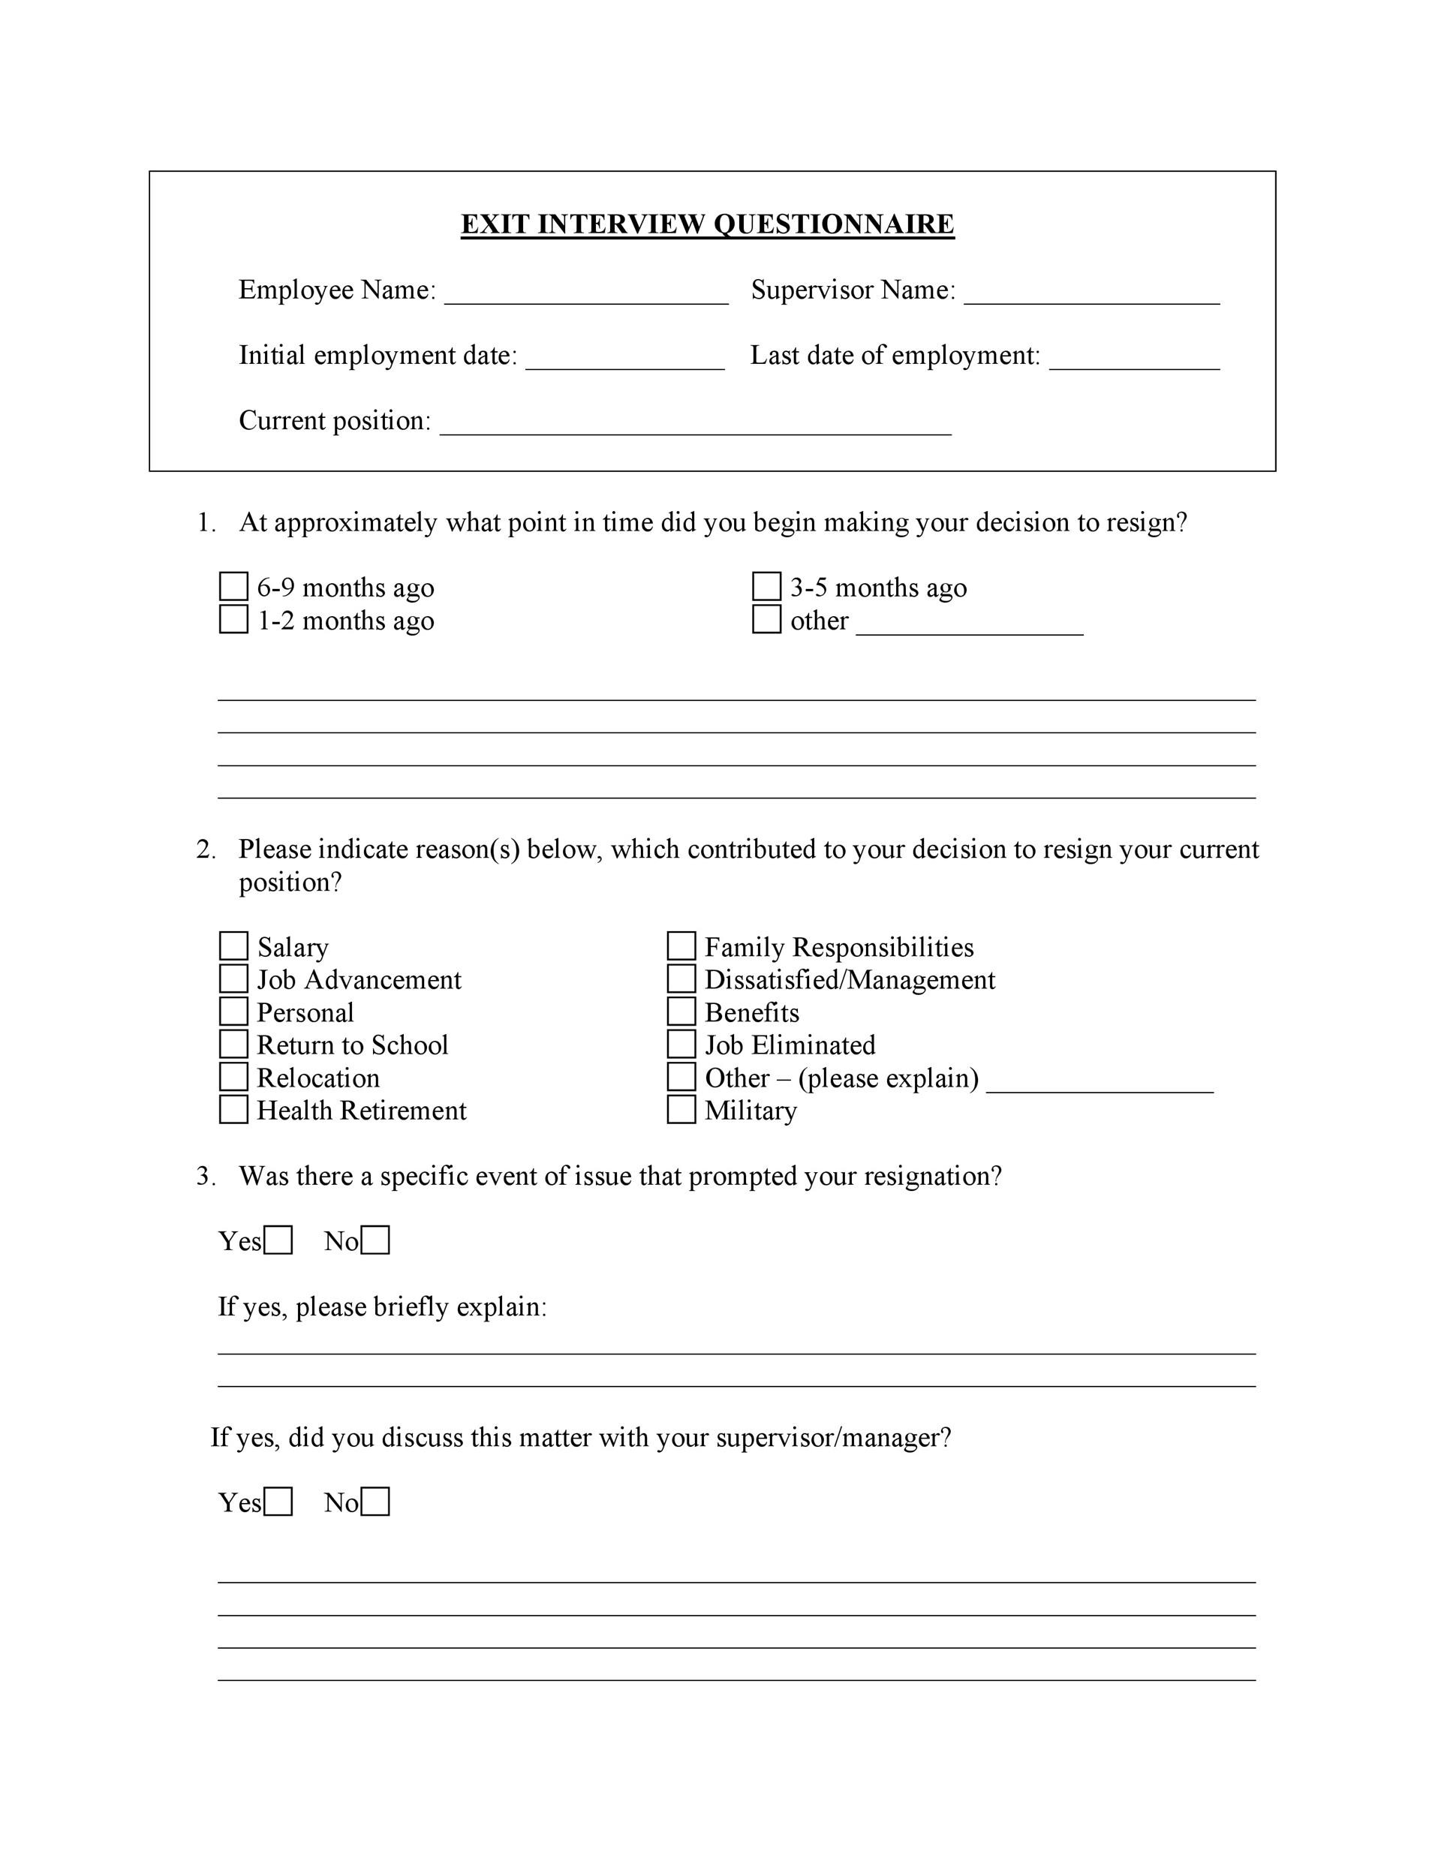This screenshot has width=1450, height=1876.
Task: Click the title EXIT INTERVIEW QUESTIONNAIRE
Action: (707, 224)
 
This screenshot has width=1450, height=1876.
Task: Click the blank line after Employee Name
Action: (586, 296)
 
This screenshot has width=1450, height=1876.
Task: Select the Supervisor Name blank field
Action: (1091, 296)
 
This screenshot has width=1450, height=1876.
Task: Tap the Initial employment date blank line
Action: (624, 361)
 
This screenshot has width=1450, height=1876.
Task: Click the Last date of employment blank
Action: (1134, 361)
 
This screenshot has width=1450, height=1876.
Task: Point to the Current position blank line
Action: (695, 426)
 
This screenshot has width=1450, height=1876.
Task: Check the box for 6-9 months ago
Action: (233, 587)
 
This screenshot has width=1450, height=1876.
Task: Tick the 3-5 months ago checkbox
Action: (766, 587)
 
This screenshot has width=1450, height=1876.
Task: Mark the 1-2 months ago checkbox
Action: (233, 619)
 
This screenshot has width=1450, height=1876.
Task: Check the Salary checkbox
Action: (233, 946)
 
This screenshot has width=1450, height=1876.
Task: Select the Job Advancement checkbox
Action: (233, 979)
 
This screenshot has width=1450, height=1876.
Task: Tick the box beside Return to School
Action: (233, 1044)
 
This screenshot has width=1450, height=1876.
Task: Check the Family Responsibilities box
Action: (681, 946)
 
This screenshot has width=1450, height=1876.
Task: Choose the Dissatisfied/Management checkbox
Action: (681, 979)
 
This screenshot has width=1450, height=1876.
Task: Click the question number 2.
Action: (206, 849)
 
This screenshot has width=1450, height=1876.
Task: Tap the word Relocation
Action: (317, 1078)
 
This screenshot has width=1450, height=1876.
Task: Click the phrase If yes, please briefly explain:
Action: (382, 1306)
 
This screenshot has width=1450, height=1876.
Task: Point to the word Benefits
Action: (751, 1013)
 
